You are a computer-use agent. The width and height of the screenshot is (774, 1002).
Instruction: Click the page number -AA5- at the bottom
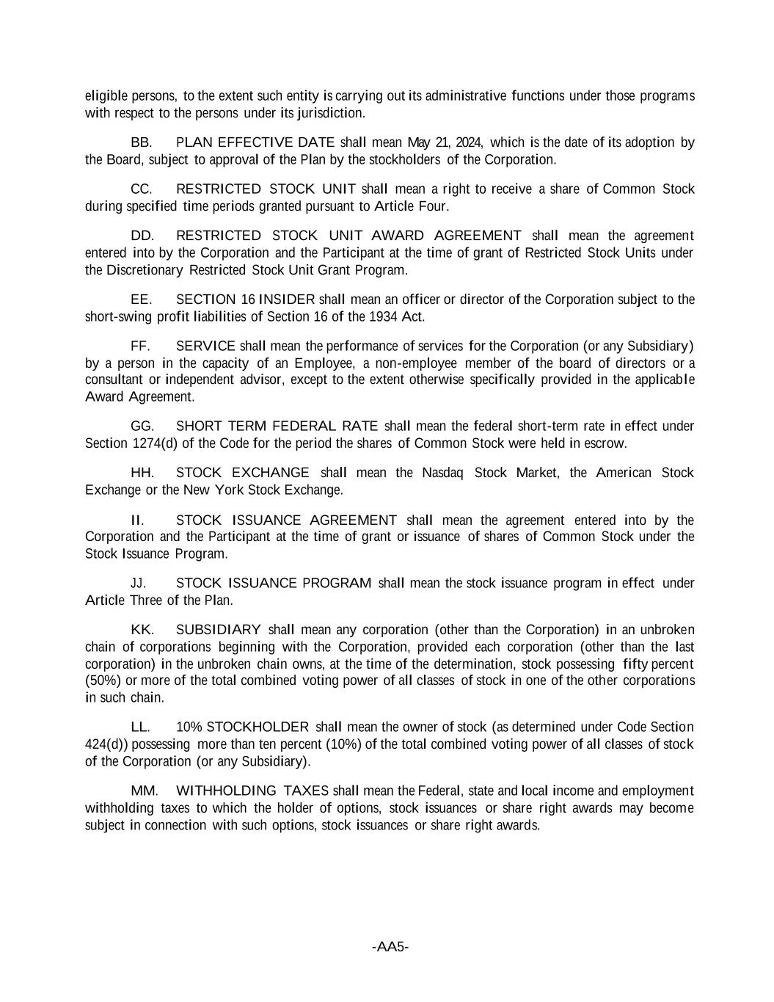point(390,947)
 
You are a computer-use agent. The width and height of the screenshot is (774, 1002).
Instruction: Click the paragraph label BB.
point(141,142)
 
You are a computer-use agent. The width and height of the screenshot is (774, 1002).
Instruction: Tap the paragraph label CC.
point(142,189)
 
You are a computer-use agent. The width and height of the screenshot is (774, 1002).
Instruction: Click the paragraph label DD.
point(142,236)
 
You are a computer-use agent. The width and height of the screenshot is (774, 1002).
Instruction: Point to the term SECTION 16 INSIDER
point(245,299)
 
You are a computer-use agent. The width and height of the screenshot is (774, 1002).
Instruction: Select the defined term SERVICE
point(205,346)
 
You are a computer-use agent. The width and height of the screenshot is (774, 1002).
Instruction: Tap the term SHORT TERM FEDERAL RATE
point(277,426)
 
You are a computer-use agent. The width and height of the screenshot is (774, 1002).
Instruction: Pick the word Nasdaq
point(442,473)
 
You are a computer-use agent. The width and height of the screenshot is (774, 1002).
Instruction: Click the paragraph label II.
point(136,520)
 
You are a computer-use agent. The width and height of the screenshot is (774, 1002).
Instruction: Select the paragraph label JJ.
point(139,584)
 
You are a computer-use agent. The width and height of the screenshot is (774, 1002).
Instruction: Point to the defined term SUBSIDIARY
point(219,630)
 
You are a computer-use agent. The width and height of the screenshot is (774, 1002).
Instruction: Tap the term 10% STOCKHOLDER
point(242,727)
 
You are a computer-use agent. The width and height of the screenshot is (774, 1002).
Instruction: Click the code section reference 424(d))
point(106,744)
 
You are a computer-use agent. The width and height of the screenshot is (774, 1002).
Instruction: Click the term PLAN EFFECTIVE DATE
point(255,142)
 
